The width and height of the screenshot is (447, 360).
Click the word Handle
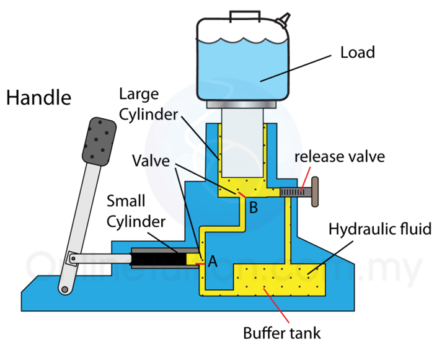click(x=39, y=98)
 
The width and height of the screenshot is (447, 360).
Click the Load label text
click(x=358, y=52)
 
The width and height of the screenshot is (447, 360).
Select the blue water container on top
click(x=242, y=62)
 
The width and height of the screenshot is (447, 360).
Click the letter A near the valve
click(x=213, y=261)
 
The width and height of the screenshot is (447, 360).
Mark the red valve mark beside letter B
click(x=241, y=196)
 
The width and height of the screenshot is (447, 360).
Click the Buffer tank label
click(x=281, y=333)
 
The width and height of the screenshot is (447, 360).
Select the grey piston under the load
click(x=242, y=149)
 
